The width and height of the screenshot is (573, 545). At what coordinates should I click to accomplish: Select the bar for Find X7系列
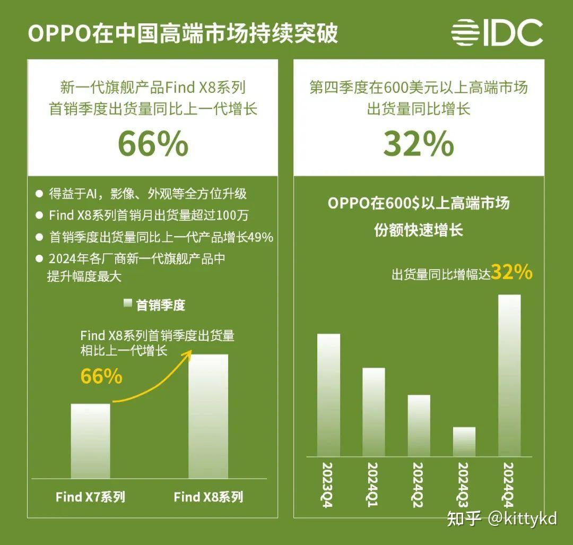point(91,440)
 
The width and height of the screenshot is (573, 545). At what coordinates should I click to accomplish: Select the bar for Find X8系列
point(209,416)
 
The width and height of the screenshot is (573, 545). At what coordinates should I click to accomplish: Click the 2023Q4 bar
point(328,395)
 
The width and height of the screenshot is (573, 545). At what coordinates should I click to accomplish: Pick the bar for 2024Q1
point(374,412)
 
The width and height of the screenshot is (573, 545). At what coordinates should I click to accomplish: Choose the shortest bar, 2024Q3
point(464,442)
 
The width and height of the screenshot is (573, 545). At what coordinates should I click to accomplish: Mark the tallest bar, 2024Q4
point(509,375)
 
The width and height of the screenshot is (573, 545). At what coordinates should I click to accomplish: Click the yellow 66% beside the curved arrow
point(101,376)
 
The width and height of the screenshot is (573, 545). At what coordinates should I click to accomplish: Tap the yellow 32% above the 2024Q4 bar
point(511,272)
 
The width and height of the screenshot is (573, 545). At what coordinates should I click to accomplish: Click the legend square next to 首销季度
point(127,305)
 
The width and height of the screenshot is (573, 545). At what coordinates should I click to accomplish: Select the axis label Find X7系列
point(91,497)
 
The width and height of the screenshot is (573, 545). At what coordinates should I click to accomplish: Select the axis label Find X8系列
point(209,497)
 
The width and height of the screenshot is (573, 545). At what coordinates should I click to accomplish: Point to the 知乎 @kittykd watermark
point(502,518)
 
